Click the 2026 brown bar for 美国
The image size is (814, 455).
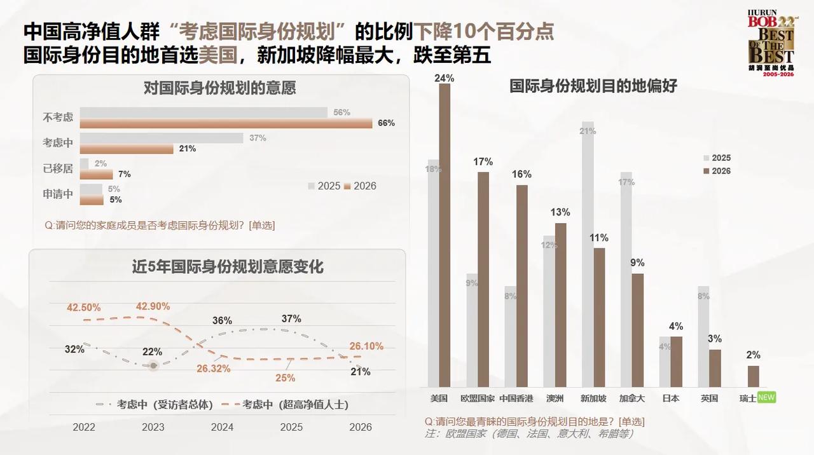pyautogui.click(x=445, y=235)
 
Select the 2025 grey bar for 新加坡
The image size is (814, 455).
pyautogui.click(x=588, y=254)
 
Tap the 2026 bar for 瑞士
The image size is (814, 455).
pyautogui.click(x=753, y=376)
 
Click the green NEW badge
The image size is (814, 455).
pyautogui.click(x=766, y=398)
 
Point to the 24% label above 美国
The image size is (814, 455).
pyautogui.click(x=444, y=78)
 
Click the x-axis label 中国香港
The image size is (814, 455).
pyautogui.click(x=516, y=398)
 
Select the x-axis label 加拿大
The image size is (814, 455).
pyautogui.click(x=631, y=398)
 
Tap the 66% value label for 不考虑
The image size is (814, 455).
pyautogui.click(x=386, y=123)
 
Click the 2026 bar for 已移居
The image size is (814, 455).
pyautogui.click(x=96, y=174)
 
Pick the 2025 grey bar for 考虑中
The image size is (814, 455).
pyautogui.click(x=162, y=138)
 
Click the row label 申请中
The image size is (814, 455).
pyautogui.click(x=58, y=194)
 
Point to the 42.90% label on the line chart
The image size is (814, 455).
pyautogui.click(x=153, y=306)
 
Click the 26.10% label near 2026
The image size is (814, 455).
pyautogui.click(x=366, y=346)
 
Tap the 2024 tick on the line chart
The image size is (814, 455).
pyautogui.click(x=222, y=427)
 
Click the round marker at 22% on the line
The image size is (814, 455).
pyautogui.click(x=153, y=365)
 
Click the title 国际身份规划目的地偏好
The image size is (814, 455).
pyautogui.click(x=593, y=86)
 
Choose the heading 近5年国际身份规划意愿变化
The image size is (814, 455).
pyautogui.click(x=228, y=267)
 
